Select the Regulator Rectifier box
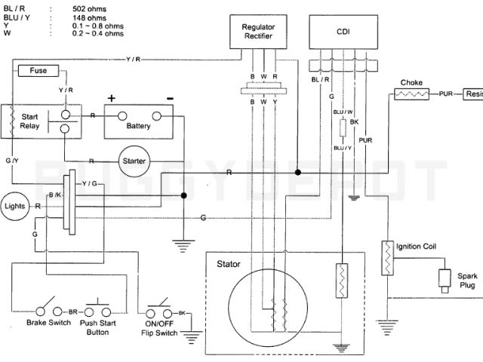click(258, 32)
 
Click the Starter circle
click(134, 161)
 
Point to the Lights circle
click(15, 205)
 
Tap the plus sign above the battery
click(112, 98)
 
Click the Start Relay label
click(29, 121)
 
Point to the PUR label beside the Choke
click(448, 94)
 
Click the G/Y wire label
click(14, 161)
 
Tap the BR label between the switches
click(74, 311)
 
